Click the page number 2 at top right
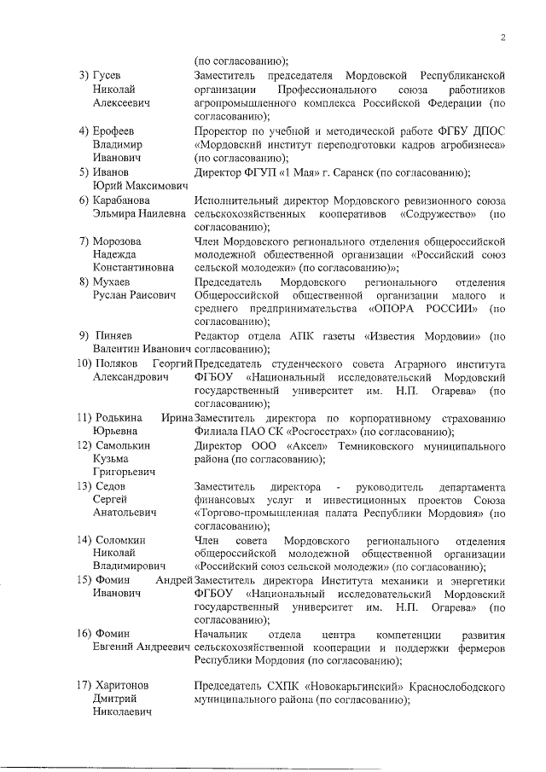click(503, 38)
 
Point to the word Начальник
click(220, 635)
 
